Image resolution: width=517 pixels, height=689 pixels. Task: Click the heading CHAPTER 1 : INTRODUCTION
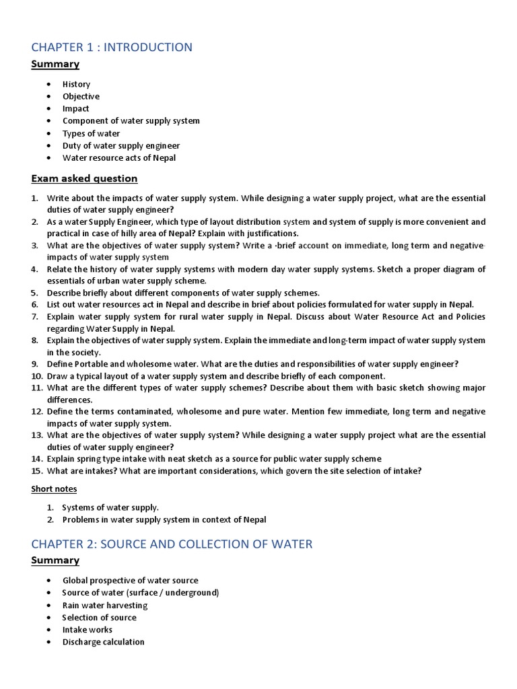click(x=112, y=47)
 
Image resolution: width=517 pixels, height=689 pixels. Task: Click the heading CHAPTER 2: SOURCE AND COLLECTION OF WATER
click(x=172, y=544)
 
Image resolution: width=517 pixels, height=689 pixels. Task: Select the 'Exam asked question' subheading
click(x=84, y=178)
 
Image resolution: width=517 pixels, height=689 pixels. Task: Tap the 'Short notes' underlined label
click(x=54, y=488)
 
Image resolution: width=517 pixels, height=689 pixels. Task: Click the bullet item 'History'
click(x=76, y=84)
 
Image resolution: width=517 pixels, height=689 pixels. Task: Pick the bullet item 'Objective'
click(x=81, y=96)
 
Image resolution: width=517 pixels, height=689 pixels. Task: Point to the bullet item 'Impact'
click(x=75, y=108)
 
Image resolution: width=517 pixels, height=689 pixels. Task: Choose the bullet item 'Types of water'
click(x=92, y=133)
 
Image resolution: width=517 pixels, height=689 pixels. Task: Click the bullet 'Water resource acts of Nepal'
click(x=119, y=157)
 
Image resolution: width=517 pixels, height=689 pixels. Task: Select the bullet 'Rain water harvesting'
click(x=104, y=605)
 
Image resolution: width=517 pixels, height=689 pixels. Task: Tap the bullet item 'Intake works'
click(x=88, y=630)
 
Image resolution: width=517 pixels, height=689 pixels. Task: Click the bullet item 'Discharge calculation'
click(x=103, y=642)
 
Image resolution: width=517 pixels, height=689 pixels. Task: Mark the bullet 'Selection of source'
click(x=99, y=617)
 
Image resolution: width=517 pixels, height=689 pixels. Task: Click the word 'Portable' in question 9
click(x=92, y=364)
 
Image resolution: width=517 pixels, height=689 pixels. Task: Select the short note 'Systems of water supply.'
click(x=110, y=507)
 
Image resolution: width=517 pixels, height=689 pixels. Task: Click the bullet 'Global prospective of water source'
click(x=131, y=580)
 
